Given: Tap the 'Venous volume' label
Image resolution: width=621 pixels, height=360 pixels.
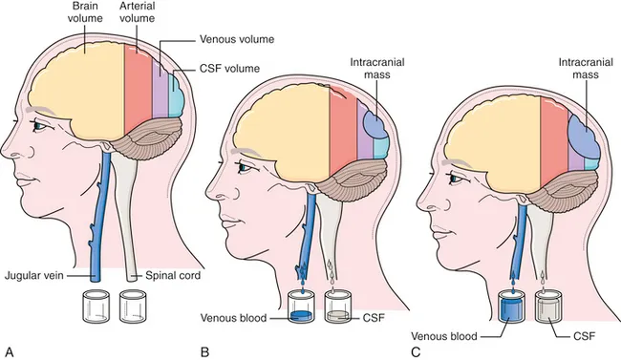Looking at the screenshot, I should pyautogui.click(x=236, y=39).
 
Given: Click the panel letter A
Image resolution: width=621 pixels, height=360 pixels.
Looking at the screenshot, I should pyautogui.click(x=9, y=350).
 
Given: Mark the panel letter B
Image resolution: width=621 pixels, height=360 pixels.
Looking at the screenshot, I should pyautogui.click(x=204, y=350).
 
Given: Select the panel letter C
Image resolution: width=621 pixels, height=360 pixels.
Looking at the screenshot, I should pyautogui.click(x=414, y=350).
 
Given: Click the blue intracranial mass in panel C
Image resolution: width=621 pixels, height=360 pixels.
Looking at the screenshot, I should pyautogui.click(x=584, y=138).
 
